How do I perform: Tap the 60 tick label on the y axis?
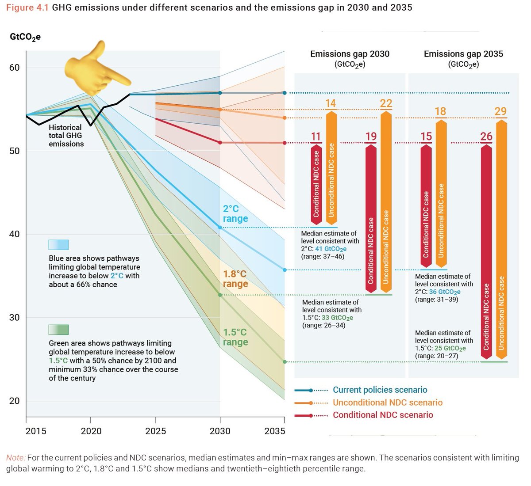[x=14, y=68]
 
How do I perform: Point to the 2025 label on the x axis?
[x=155, y=431]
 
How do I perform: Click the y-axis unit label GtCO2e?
[x=25, y=37]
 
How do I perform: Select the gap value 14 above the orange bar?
[x=331, y=103]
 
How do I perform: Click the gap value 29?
[x=500, y=111]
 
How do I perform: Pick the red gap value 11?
[x=316, y=136]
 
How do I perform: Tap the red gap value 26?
[x=486, y=136]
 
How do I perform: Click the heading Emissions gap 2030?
[x=350, y=54]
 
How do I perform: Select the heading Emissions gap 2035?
[x=463, y=54]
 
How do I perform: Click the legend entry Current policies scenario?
[x=380, y=390]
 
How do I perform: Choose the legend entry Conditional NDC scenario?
[x=383, y=415]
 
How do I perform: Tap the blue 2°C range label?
[x=235, y=214]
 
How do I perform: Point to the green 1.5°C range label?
[x=235, y=337]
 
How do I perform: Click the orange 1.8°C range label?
[x=235, y=279]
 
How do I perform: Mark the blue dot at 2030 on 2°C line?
[x=220, y=228]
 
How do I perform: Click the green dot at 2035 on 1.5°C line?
[x=285, y=362]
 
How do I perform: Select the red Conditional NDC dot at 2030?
[x=220, y=142]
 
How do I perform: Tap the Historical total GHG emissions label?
[x=66, y=136]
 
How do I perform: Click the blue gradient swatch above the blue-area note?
[x=58, y=245]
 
